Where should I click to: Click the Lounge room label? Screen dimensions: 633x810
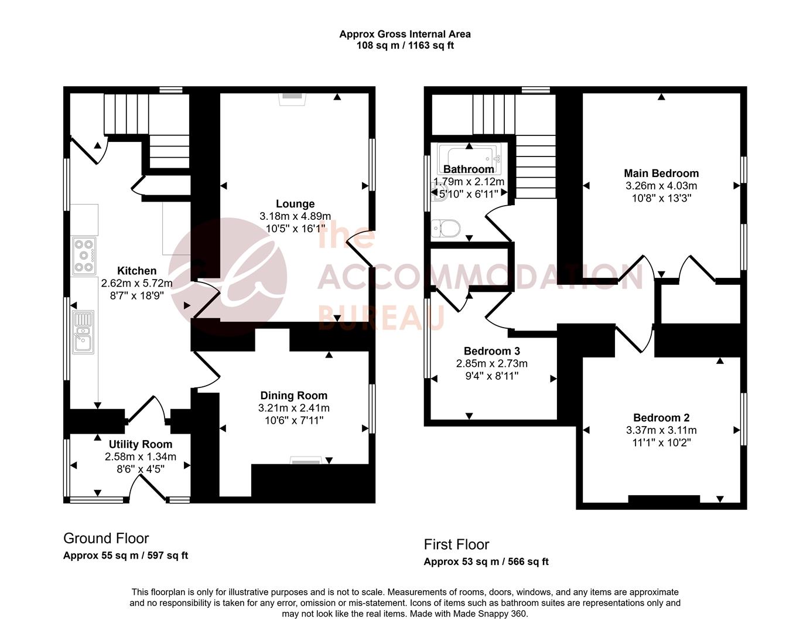(295, 204)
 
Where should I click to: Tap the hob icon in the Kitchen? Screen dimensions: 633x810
(84, 256)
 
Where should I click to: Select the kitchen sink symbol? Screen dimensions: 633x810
(83, 332)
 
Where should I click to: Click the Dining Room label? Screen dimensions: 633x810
(293, 396)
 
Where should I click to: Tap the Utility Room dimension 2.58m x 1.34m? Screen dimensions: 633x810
(141, 457)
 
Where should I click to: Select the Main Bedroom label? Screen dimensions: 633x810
(661, 173)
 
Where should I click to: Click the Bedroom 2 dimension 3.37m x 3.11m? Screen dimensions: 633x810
(661, 430)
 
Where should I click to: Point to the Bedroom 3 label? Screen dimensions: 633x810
(491, 351)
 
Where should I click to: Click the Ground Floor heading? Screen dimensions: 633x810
(106, 538)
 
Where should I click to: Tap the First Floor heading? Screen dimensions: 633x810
(456, 544)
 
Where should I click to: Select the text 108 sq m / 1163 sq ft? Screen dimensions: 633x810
(405, 45)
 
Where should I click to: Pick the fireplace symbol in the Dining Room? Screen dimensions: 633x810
(306, 461)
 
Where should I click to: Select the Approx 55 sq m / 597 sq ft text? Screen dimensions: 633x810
(125, 556)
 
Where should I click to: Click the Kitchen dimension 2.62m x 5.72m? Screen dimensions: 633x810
(137, 283)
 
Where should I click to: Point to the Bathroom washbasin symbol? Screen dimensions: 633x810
(436, 191)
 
